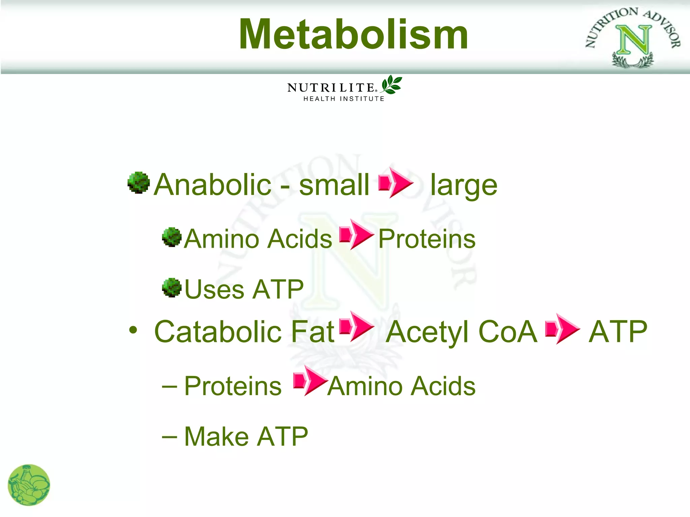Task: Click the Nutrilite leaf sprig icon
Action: [391, 84]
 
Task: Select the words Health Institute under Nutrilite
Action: [344, 99]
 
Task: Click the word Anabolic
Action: [212, 184]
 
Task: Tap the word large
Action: [464, 186]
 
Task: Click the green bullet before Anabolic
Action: [138, 183]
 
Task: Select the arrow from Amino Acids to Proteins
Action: [356, 234]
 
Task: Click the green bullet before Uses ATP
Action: [172, 287]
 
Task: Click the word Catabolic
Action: [218, 332]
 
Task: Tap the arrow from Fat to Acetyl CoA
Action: [356, 326]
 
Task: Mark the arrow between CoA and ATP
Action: [562, 329]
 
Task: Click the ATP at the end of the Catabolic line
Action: [618, 332]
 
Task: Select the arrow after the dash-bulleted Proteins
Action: [310, 381]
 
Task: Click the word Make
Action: [216, 437]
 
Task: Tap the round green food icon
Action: [29, 485]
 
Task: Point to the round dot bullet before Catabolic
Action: [133, 330]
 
